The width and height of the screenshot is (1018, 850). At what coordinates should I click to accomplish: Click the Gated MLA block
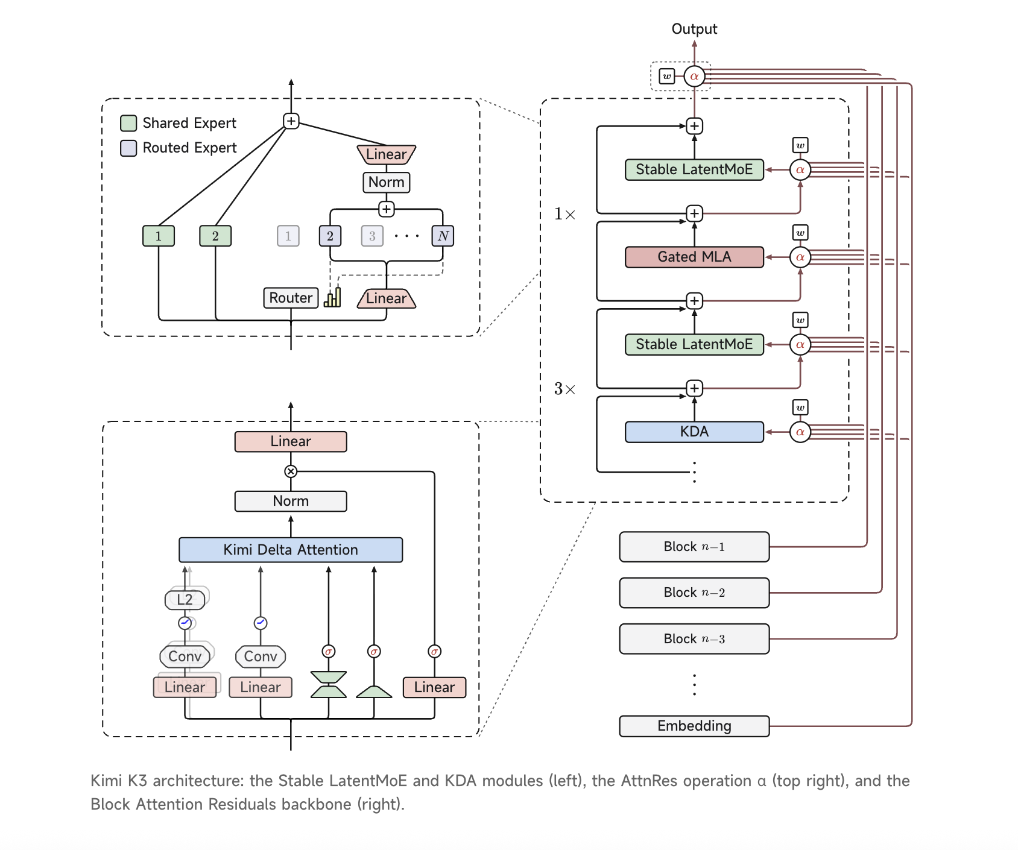694,257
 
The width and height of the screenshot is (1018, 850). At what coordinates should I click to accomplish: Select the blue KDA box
694,432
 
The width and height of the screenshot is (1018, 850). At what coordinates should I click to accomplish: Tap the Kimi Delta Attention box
291,550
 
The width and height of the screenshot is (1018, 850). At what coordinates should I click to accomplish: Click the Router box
291,298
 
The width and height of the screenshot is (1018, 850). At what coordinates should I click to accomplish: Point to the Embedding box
694,726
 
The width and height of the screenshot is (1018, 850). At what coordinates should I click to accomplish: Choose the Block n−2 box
694,593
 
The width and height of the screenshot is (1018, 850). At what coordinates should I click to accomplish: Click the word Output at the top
694,29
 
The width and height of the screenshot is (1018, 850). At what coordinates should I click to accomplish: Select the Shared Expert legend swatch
128,123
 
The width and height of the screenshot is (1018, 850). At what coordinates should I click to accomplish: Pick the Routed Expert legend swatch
128,148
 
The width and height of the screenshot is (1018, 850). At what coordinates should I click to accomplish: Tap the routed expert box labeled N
443,236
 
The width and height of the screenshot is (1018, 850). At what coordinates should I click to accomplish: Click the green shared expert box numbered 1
159,236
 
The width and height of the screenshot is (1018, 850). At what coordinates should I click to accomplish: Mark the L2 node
185,599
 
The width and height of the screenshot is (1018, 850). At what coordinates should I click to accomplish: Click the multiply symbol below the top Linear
291,471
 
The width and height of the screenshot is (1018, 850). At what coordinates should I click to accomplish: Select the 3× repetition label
564,389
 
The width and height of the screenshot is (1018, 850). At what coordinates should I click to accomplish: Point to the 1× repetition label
564,214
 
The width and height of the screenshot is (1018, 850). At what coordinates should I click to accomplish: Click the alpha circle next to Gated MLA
800,257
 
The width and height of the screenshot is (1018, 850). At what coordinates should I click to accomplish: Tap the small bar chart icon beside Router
332,297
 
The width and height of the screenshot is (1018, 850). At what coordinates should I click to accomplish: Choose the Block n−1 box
694,547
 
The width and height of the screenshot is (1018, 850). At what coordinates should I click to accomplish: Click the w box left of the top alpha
666,76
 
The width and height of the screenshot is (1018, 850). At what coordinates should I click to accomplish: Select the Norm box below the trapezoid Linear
387,182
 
